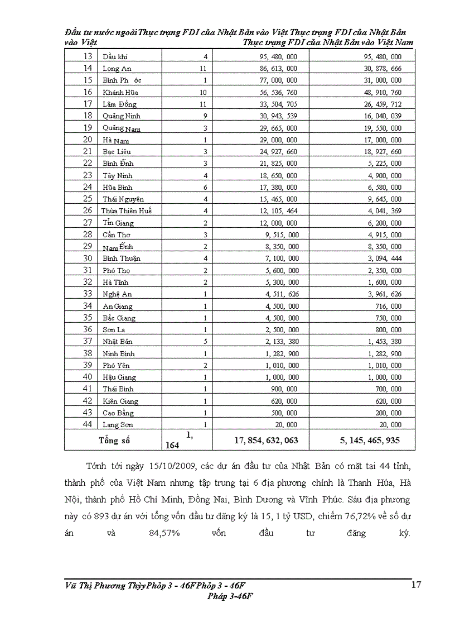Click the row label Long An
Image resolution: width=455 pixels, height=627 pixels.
click(117, 69)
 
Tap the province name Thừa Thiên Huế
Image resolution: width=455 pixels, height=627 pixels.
click(127, 211)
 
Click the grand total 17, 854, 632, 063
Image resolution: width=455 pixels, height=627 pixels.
click(266, 441)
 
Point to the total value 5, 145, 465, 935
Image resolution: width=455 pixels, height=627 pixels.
click(370, 441)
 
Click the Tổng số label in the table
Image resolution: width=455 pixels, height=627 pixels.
click(114, 441)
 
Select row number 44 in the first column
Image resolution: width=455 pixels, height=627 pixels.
click(88, 424)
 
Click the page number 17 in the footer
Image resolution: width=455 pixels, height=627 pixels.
click(416, 585)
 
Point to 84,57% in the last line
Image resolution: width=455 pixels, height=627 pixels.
click(164, 533)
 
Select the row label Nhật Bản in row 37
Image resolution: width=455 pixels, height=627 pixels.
click(117, 341)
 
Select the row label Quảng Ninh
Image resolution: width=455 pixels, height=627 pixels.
click(122, 116)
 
